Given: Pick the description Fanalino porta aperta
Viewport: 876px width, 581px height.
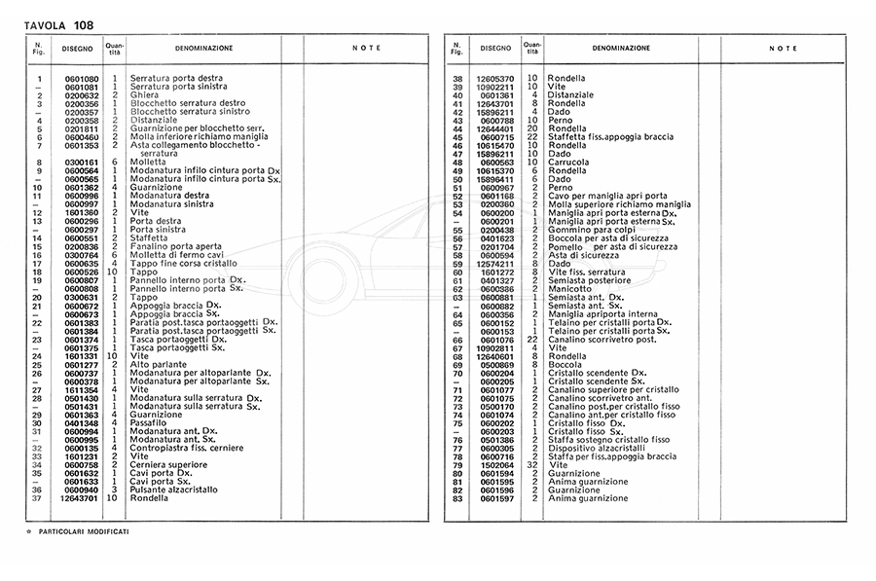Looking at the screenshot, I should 172,246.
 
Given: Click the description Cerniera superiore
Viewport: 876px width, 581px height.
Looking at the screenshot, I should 168,464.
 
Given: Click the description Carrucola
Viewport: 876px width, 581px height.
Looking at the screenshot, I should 568,162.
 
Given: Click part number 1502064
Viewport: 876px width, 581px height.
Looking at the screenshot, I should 495,464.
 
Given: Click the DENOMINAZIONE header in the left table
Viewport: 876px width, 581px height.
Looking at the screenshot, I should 203,48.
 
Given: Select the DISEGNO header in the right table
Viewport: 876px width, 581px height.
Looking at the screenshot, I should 495,48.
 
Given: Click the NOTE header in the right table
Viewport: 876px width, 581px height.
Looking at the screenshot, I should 783,48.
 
